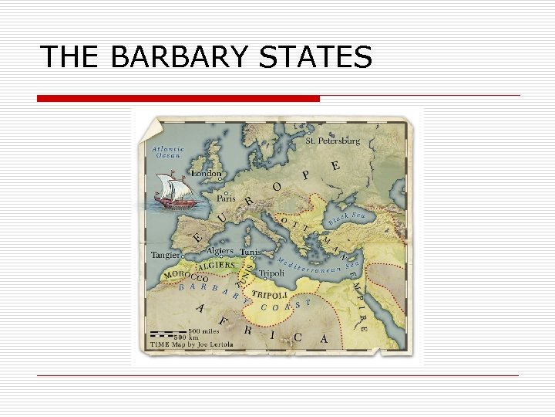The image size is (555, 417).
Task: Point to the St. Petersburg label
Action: click(333, 141)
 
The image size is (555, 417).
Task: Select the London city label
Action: click(206, 175)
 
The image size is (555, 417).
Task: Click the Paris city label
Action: click(226, 198)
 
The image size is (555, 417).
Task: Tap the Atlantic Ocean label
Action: click(168, 152)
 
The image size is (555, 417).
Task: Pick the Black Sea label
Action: click(346, 219)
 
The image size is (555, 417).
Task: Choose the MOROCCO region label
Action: click(185, 275)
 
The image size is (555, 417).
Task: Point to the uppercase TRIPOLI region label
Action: click(269, 296)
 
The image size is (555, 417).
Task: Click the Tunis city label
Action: click(250, 253)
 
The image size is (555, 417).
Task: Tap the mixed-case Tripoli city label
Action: click(271, 273)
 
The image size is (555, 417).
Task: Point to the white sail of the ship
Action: click(167, 185)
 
